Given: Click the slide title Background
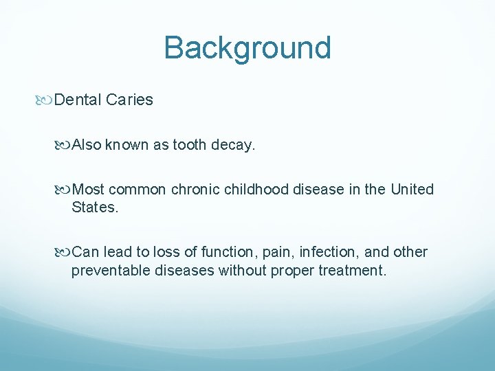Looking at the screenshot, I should tap(247, 48).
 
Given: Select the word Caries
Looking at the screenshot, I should tap(129, 100).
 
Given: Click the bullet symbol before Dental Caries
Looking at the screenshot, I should tap(47, 100).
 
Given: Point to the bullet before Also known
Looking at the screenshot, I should tap(65, 146).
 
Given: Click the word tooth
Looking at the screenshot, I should tap(192, 145).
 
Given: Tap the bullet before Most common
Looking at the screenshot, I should tap(65, 190).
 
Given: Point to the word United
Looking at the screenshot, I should tap(412, 189).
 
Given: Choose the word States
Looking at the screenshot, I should tap(94, 207).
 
